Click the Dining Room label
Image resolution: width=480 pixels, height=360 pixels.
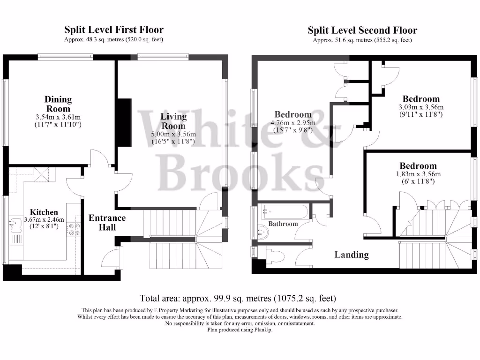58,104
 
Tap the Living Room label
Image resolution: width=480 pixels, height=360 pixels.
173,121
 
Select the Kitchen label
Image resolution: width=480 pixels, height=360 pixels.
44,212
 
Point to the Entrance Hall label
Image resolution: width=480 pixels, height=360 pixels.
107,223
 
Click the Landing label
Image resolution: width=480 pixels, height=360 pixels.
351,255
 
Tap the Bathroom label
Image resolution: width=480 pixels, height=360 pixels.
283,224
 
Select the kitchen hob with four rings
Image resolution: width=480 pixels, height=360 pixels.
74,229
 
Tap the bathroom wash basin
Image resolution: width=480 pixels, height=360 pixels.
263,230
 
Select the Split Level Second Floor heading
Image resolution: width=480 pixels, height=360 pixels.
362,31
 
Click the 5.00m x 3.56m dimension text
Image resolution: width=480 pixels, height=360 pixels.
173,135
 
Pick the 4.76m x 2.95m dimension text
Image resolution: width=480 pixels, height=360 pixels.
293,123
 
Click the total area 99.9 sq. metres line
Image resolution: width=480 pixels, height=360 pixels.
238,298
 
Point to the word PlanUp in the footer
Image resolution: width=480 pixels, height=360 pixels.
262,330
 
